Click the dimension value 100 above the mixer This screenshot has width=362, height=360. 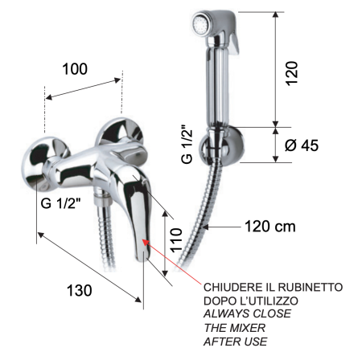point(76,71)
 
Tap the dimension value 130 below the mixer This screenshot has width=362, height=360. point(79,290)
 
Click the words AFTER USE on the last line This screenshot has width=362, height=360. point(235,342)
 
